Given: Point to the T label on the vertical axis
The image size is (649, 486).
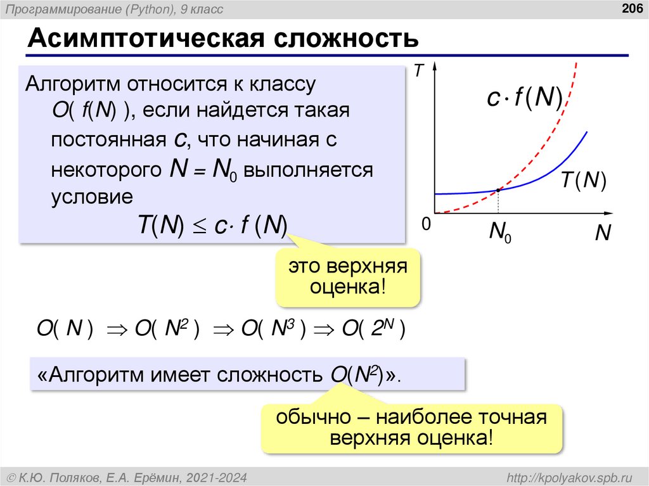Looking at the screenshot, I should click(x=418, y=72).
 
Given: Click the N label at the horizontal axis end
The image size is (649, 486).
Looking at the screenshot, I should click(x=602, y=234).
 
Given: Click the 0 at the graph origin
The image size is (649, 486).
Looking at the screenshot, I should click(x=425, y=224).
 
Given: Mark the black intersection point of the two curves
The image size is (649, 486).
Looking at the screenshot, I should click(x=498, y=189).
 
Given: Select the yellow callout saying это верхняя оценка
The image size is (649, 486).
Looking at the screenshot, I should click(x=348, y=277).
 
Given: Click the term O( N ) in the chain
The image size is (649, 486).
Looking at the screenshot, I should click(x=65, y=329).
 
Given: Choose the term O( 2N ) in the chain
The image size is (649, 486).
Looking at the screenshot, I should click(x=374, y=329).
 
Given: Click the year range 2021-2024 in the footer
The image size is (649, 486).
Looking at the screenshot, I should click(x=221, y=476).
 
